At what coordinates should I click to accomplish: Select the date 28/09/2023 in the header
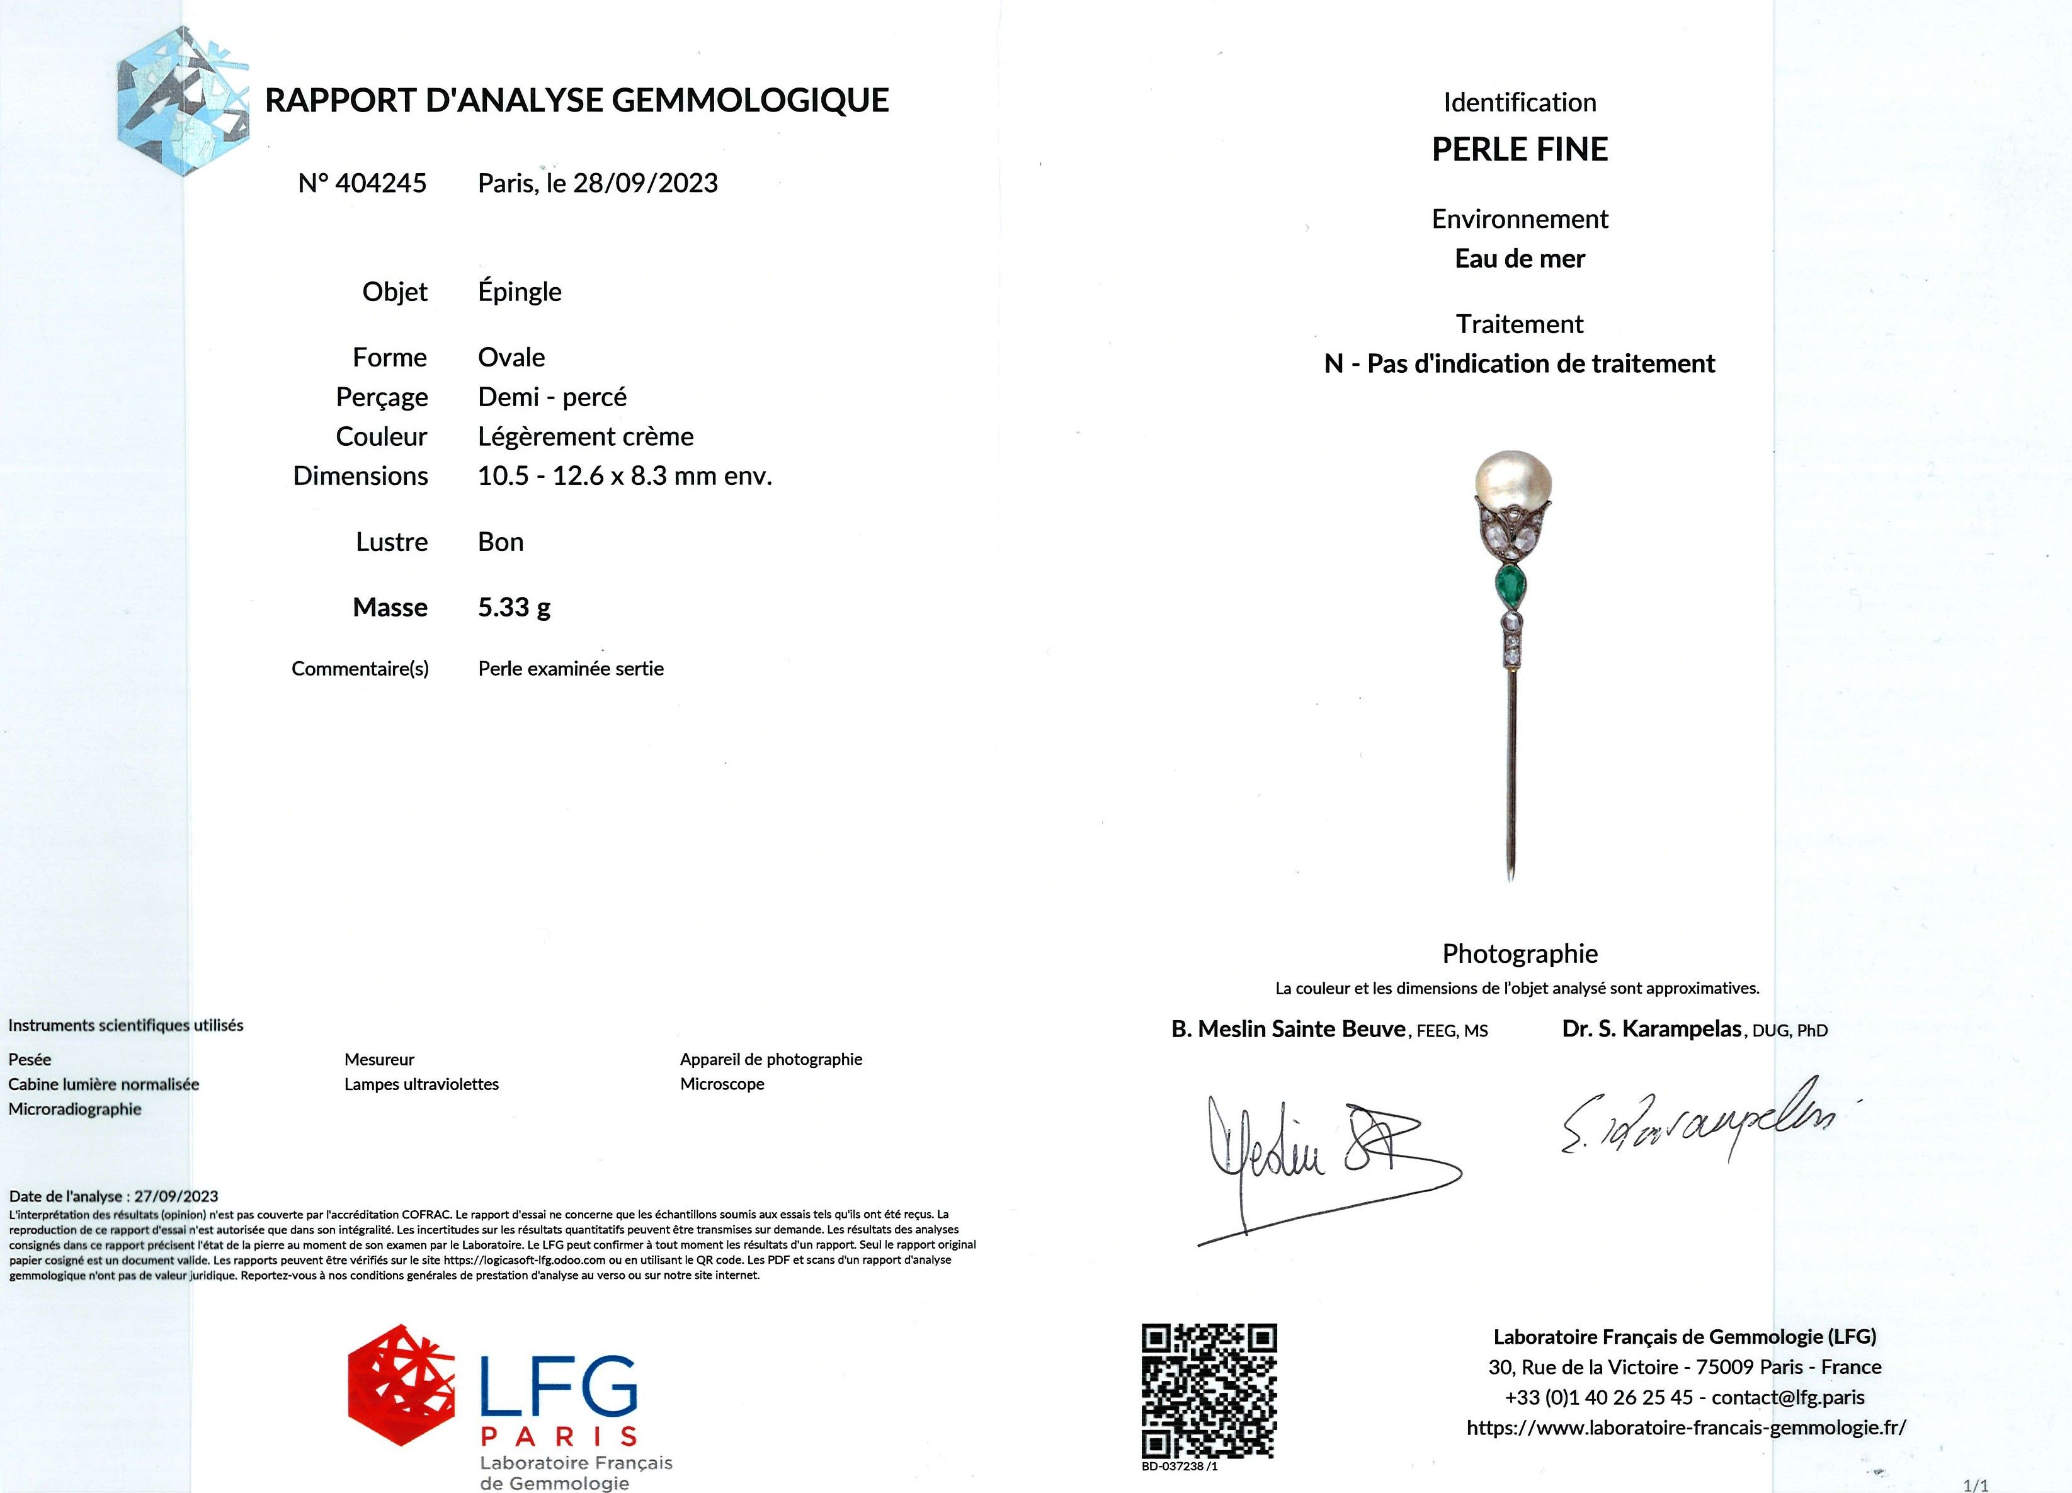click(645, 184)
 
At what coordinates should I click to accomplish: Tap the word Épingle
click(519, 292)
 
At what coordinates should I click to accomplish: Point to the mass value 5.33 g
click(513, 608)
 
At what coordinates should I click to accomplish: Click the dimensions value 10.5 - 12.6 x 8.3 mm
click(624, 476)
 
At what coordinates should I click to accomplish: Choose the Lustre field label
click(391, 542)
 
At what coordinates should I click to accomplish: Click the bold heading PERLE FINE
click(1519, 150)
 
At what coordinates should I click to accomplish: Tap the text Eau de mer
click(1519, 259)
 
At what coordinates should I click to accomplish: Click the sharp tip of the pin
click(1510, 877)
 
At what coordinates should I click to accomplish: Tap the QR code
click(1209, 1390)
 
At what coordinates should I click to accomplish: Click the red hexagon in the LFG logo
click(400, 1384)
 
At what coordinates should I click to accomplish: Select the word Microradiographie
click(75, 1110)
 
